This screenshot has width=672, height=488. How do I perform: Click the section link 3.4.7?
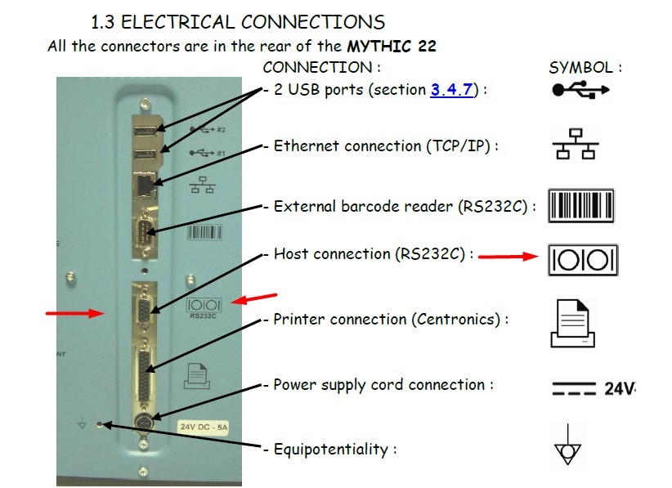pos(451,90)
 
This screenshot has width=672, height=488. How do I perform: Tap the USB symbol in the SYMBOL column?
pos(580,90)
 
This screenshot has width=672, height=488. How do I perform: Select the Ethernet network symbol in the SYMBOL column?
pos(576,145)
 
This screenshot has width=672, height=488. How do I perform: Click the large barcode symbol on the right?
pos(580,204)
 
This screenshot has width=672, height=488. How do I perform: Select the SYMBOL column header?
pos(585,68)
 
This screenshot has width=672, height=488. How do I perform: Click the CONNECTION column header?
pos(320,68)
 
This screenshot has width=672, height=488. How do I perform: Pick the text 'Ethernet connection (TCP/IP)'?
pos(383,146)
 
